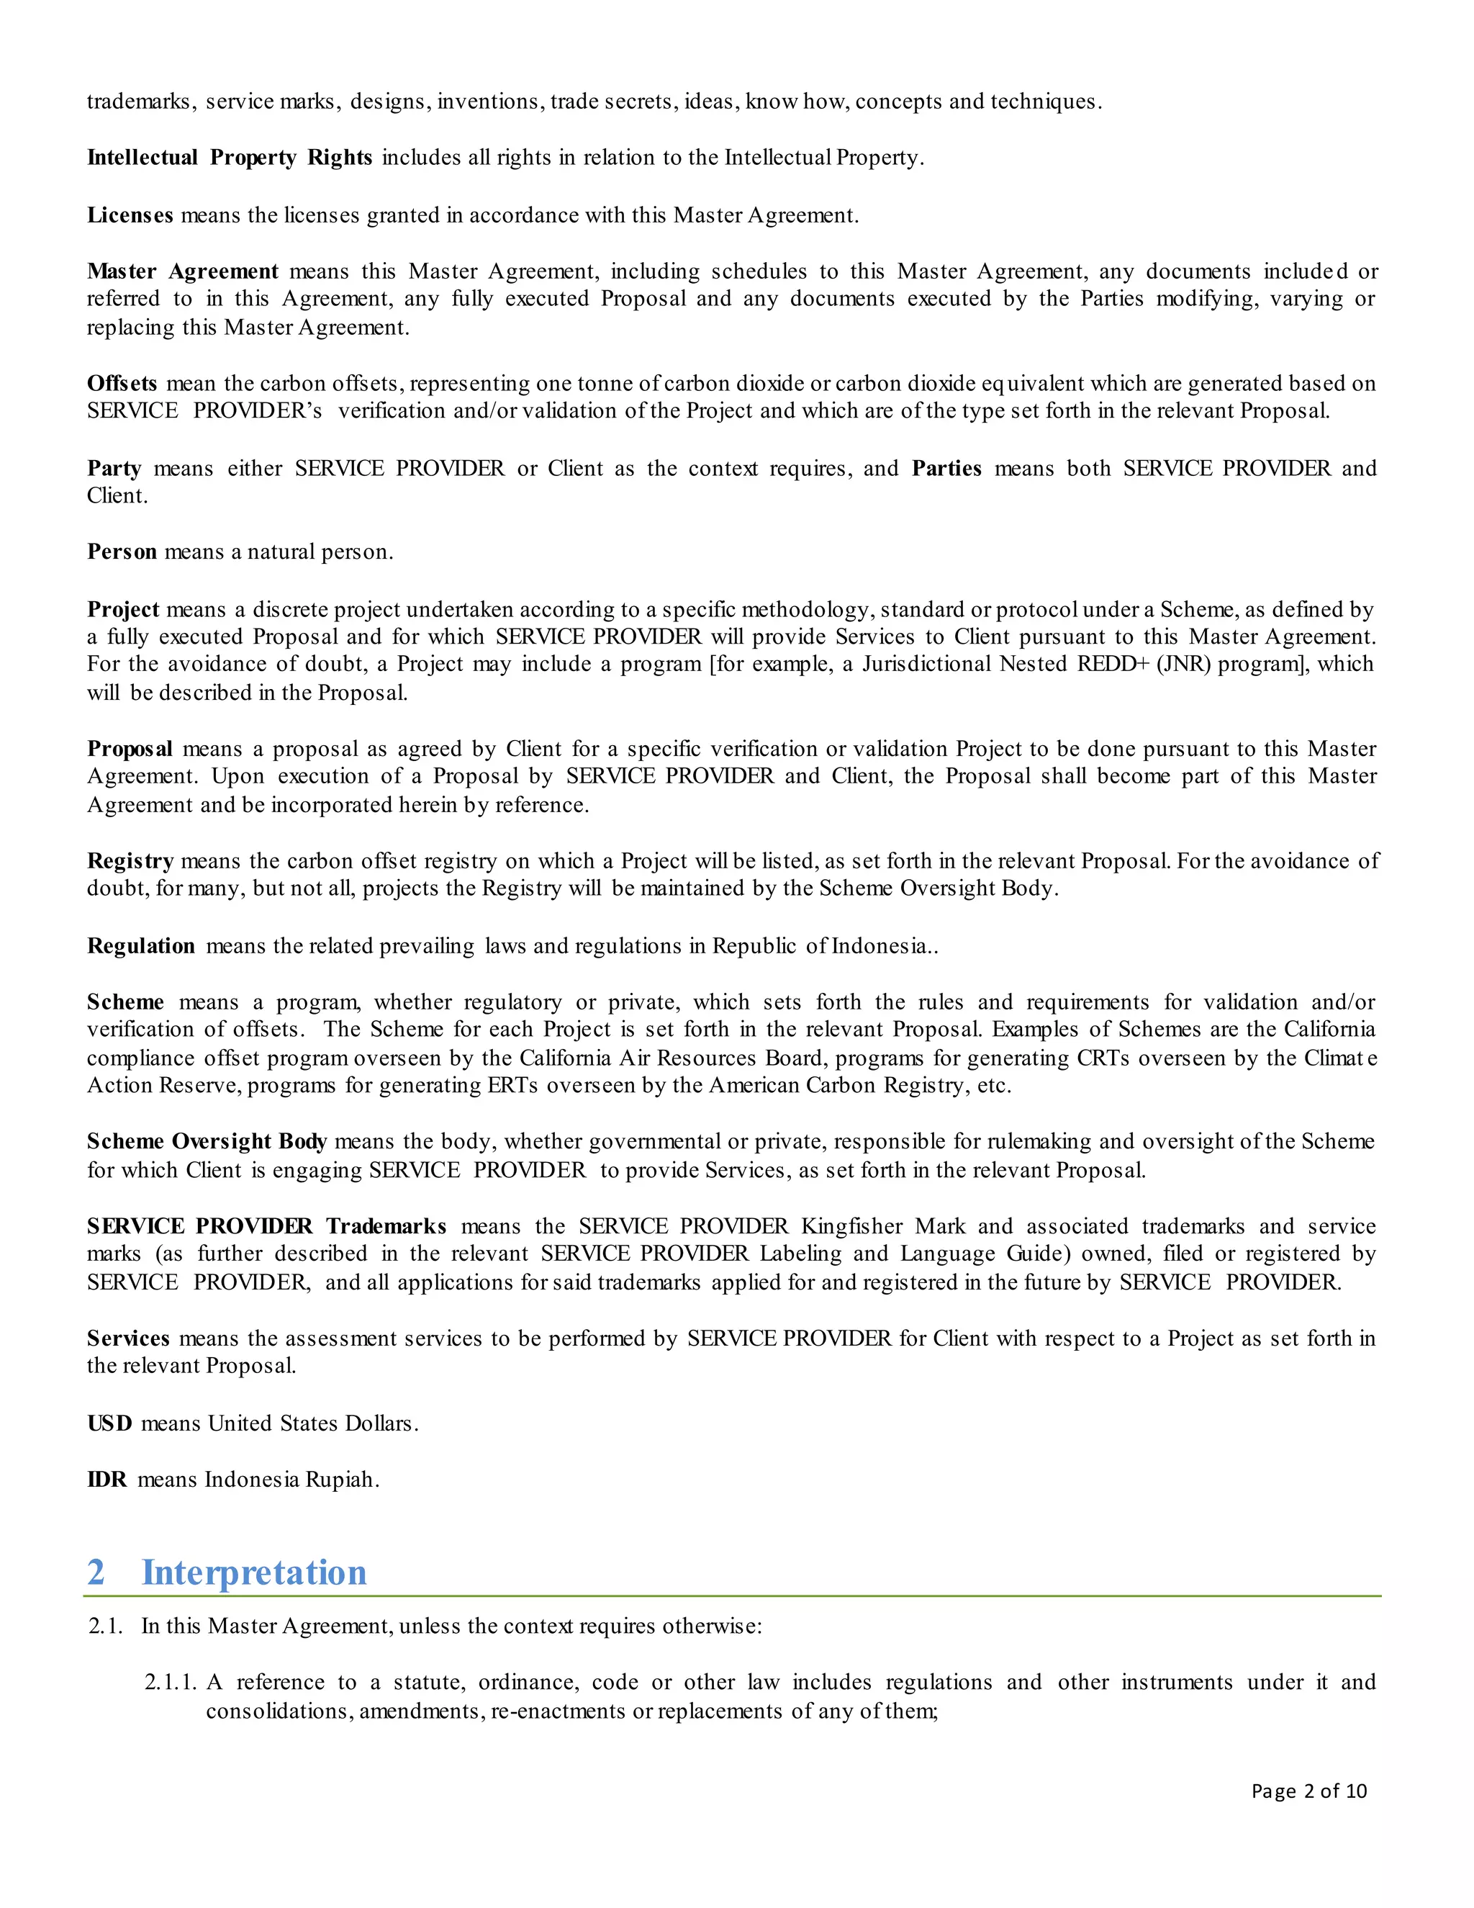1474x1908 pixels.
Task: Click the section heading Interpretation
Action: [x=253, y=1572]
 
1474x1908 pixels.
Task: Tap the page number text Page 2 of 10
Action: [x=1308, y=1791]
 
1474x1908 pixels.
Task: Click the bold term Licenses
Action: [x=130, y=215]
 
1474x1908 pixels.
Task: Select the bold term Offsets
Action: [x=122, y=384]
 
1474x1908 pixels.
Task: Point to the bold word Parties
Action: [x=946, y=468]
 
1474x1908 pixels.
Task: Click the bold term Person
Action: [x=122, y=552]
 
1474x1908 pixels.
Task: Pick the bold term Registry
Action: [x=130, y=861]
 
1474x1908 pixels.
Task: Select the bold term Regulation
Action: [x=140, y=946]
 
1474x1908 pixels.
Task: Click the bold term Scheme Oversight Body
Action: [x=207, y=1142]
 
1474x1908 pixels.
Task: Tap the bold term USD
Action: [x=110, y=1423]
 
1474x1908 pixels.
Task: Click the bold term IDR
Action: [x=107, y=1480]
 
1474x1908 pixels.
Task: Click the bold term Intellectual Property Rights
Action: [x=230, y=158]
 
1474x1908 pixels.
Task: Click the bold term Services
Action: [x=128, y=1338]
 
